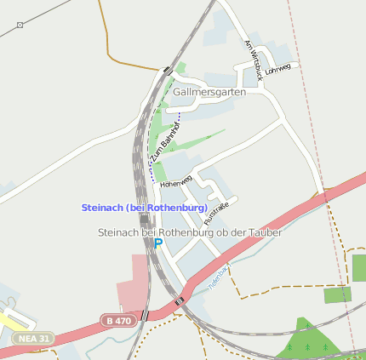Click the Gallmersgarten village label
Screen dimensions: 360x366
coord(209,92)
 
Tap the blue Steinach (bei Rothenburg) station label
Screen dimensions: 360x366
coord(144,208)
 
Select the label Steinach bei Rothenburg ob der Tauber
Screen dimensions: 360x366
coord(189,231)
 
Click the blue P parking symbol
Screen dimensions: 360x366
coord(157,243)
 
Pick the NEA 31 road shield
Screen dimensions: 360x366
coord(31,338)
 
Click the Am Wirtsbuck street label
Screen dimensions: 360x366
coord(252,59)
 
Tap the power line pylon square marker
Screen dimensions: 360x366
coord(20,26)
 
